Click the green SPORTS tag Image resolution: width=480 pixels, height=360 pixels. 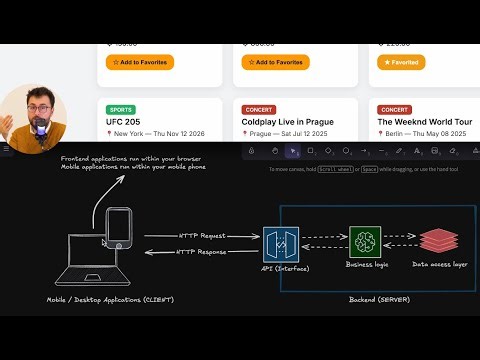(121, 110)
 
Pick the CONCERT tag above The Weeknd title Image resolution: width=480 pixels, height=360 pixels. (394, 110)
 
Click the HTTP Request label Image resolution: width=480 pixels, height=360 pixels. (202, 236)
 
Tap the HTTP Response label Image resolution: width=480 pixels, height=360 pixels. (202, 252)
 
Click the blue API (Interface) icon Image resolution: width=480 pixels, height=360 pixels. (280, 245)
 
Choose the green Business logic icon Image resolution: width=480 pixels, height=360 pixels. (365, 244)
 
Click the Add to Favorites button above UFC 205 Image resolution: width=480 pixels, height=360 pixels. (140, 62)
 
